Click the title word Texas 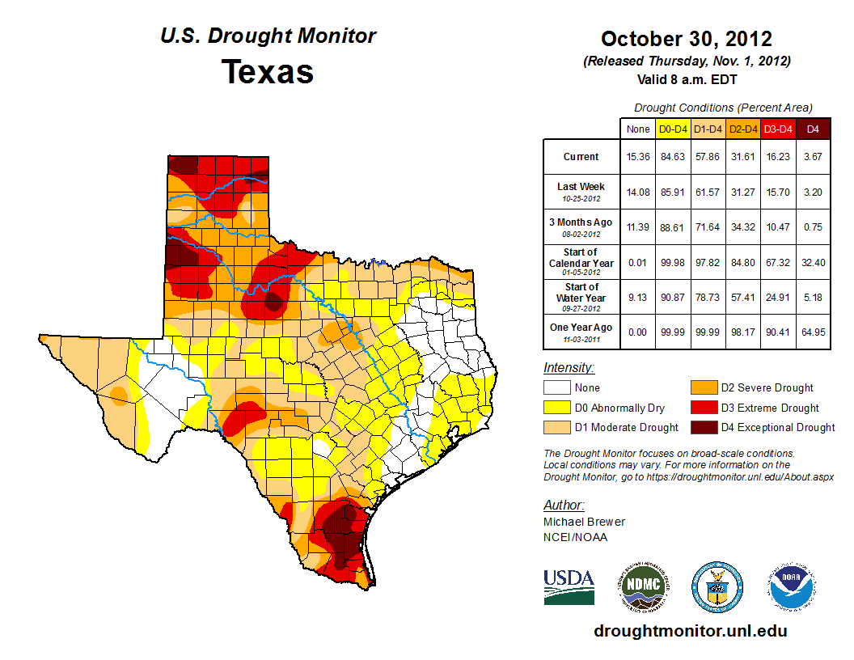pyautogui.click(x=268, y=72)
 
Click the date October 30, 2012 pyautogui.click(x=687, y=39)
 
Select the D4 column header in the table pyautogui.click(x=814, y=129)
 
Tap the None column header pyautogui.click(x=638, y=129)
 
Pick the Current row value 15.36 pyautogui.click(x=638, y=156)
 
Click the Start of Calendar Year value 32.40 pyautogui.click(x=814, y=262)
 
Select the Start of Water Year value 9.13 pyautogui.click(x=638, y=297)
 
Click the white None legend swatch pyautogui.click(x=556, y=388)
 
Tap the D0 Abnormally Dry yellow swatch pyautogui.click(x=556, y=408)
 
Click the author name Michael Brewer pyautogui.click(x=584, y=522)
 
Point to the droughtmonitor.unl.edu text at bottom pyautogui.click(x=690, y=631)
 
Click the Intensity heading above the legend pyautogui.click(x=569, y=368)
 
